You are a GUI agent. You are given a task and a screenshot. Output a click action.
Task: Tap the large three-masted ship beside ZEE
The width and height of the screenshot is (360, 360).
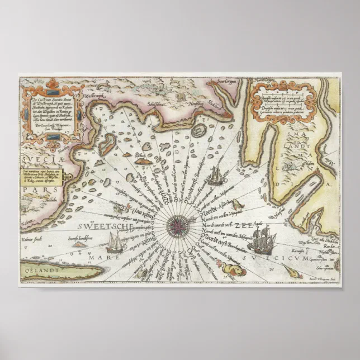click(263, 240)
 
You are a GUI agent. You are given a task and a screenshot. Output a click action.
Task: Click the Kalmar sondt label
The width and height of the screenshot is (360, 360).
click(33, 244)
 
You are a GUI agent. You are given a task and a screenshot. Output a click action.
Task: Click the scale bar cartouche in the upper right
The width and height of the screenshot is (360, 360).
click(288, 100)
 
